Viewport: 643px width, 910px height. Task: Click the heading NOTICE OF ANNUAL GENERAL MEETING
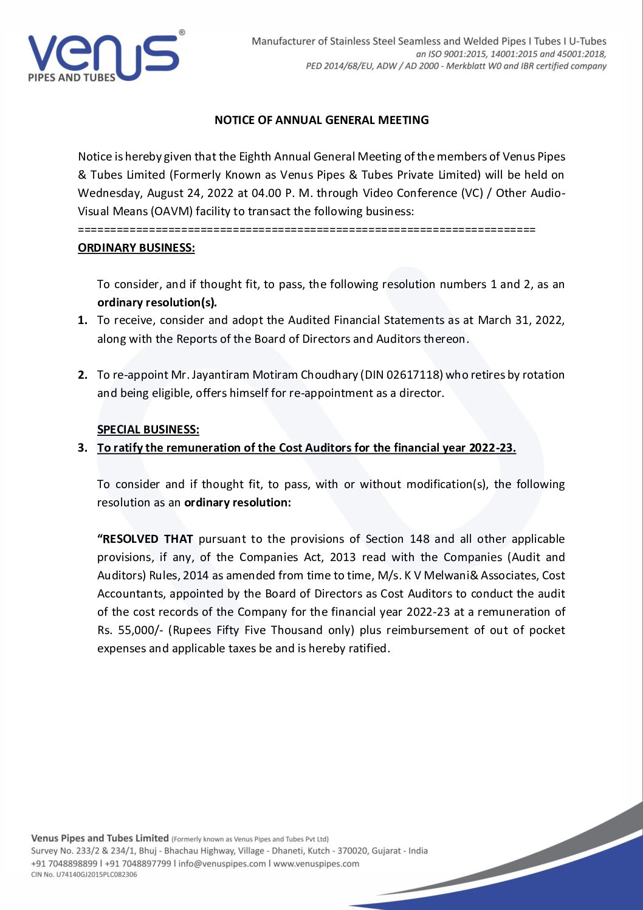321,120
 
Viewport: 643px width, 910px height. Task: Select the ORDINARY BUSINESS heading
136,247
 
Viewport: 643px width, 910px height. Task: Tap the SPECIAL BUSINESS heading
148,429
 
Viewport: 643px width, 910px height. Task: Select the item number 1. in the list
83,320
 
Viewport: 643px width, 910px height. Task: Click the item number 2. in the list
83,374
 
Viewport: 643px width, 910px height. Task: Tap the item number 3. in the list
83,448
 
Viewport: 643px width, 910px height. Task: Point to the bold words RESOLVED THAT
146,539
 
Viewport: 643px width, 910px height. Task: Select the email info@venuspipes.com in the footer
222,863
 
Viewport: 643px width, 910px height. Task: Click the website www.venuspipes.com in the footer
316,863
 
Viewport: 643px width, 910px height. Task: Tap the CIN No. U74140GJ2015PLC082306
84,875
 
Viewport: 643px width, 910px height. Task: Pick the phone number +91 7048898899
64,863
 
